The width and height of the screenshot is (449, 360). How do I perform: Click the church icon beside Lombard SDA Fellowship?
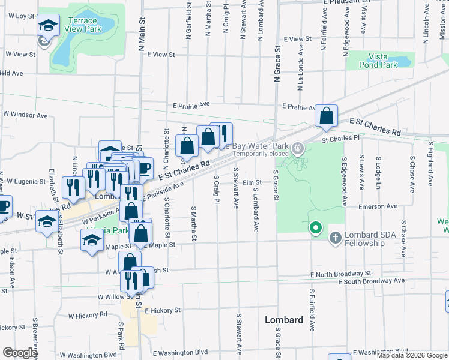335,239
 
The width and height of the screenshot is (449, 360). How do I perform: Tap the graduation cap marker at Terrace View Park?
47,25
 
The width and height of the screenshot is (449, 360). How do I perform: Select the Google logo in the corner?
20,353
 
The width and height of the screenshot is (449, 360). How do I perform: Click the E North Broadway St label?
343,274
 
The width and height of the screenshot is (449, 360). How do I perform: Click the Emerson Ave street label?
378,206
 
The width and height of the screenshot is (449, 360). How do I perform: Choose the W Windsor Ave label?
25,114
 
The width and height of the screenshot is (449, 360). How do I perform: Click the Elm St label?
252,182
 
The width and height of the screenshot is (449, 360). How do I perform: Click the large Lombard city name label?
284,320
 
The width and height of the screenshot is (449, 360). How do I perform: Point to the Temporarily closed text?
261,154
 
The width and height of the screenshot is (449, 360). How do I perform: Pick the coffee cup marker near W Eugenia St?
4,206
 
